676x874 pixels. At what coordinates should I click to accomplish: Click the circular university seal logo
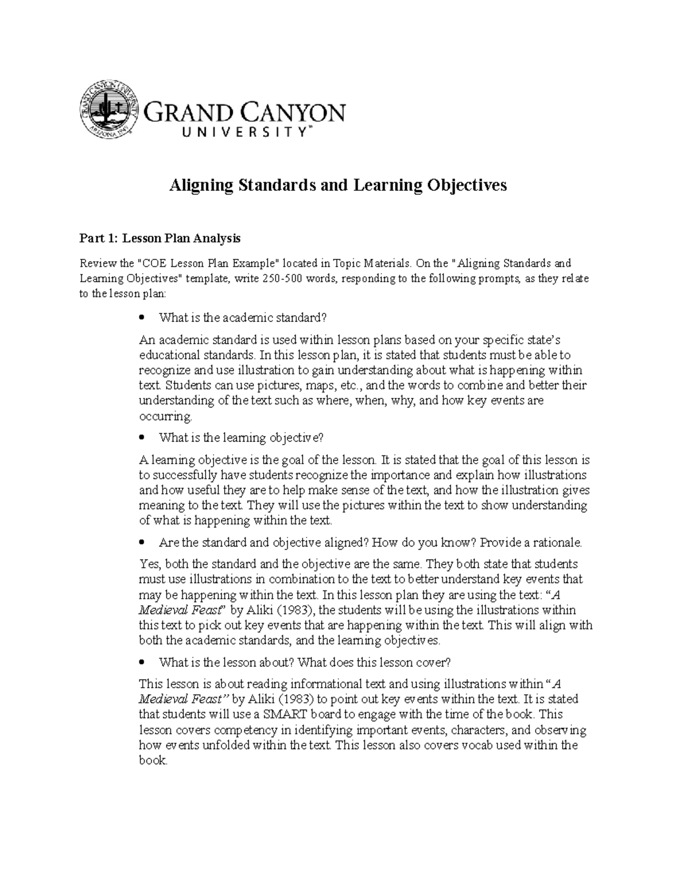108,111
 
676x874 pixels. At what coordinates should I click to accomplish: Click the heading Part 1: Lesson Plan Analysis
159,239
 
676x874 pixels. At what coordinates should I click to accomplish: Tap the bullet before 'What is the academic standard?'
142,318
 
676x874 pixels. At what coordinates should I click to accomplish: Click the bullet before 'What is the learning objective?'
142,438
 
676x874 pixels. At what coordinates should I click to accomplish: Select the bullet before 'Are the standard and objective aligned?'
142,543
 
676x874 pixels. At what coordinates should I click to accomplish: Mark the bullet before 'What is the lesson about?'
142,662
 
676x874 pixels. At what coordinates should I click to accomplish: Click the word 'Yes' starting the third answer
148,564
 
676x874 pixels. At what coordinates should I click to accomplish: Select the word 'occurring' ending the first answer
166,416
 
